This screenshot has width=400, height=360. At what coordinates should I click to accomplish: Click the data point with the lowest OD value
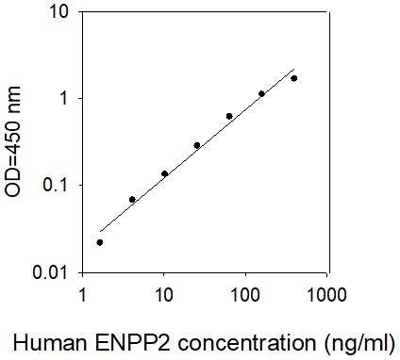pos(100,242)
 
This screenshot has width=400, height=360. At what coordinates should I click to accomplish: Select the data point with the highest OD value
pos(294,78)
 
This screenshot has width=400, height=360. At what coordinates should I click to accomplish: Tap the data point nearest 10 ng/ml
pos(164,173)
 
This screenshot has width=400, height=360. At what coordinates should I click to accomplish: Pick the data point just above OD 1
pos(261,93)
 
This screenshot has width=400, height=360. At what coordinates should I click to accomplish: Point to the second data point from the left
pos(132,200)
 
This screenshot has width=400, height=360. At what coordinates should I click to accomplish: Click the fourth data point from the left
pos(197,145)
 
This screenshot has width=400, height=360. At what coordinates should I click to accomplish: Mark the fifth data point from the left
pos(229,116)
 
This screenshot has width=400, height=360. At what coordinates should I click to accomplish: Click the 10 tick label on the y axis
pos(58,12)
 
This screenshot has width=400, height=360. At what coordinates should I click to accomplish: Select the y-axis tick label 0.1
pos(55,186)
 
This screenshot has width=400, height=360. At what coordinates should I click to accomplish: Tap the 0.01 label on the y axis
pos(50,272)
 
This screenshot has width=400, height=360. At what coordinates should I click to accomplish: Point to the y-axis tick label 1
pos(64,99)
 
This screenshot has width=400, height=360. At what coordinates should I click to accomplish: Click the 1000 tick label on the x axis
pos(326,295)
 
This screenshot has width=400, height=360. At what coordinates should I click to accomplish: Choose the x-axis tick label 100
pos(245,295)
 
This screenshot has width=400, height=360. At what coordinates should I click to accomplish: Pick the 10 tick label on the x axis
pos(163,295)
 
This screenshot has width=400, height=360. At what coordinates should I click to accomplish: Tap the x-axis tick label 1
pos(82,295)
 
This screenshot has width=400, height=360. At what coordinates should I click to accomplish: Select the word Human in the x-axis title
pos(50,342)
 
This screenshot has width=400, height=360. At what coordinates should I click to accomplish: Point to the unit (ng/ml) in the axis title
pos(358,343)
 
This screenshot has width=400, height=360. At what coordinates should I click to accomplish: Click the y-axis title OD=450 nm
pos(13,141)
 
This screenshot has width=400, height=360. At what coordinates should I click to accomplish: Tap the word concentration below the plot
pos(247,343)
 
